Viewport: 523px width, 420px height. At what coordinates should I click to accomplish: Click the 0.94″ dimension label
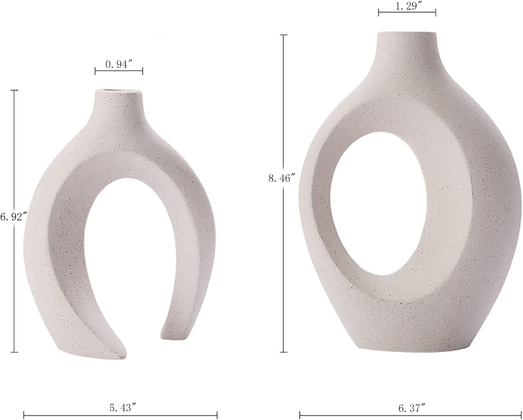click(x=119, y=64)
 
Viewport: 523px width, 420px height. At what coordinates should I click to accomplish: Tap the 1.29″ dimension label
click(x=407, y=6)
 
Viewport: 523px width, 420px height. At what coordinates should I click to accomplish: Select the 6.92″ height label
click(x=14, y=217)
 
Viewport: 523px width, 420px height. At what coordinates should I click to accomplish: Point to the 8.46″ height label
click(x=282, y=178)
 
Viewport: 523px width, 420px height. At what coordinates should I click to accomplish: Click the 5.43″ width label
click(x=120, y=408)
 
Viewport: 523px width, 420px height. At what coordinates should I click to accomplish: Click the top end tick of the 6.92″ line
click(x=14, y=90)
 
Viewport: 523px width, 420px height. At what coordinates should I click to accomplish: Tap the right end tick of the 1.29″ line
click(x=436, y=12)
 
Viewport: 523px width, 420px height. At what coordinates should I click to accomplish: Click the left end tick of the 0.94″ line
click(x=95, y=71)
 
